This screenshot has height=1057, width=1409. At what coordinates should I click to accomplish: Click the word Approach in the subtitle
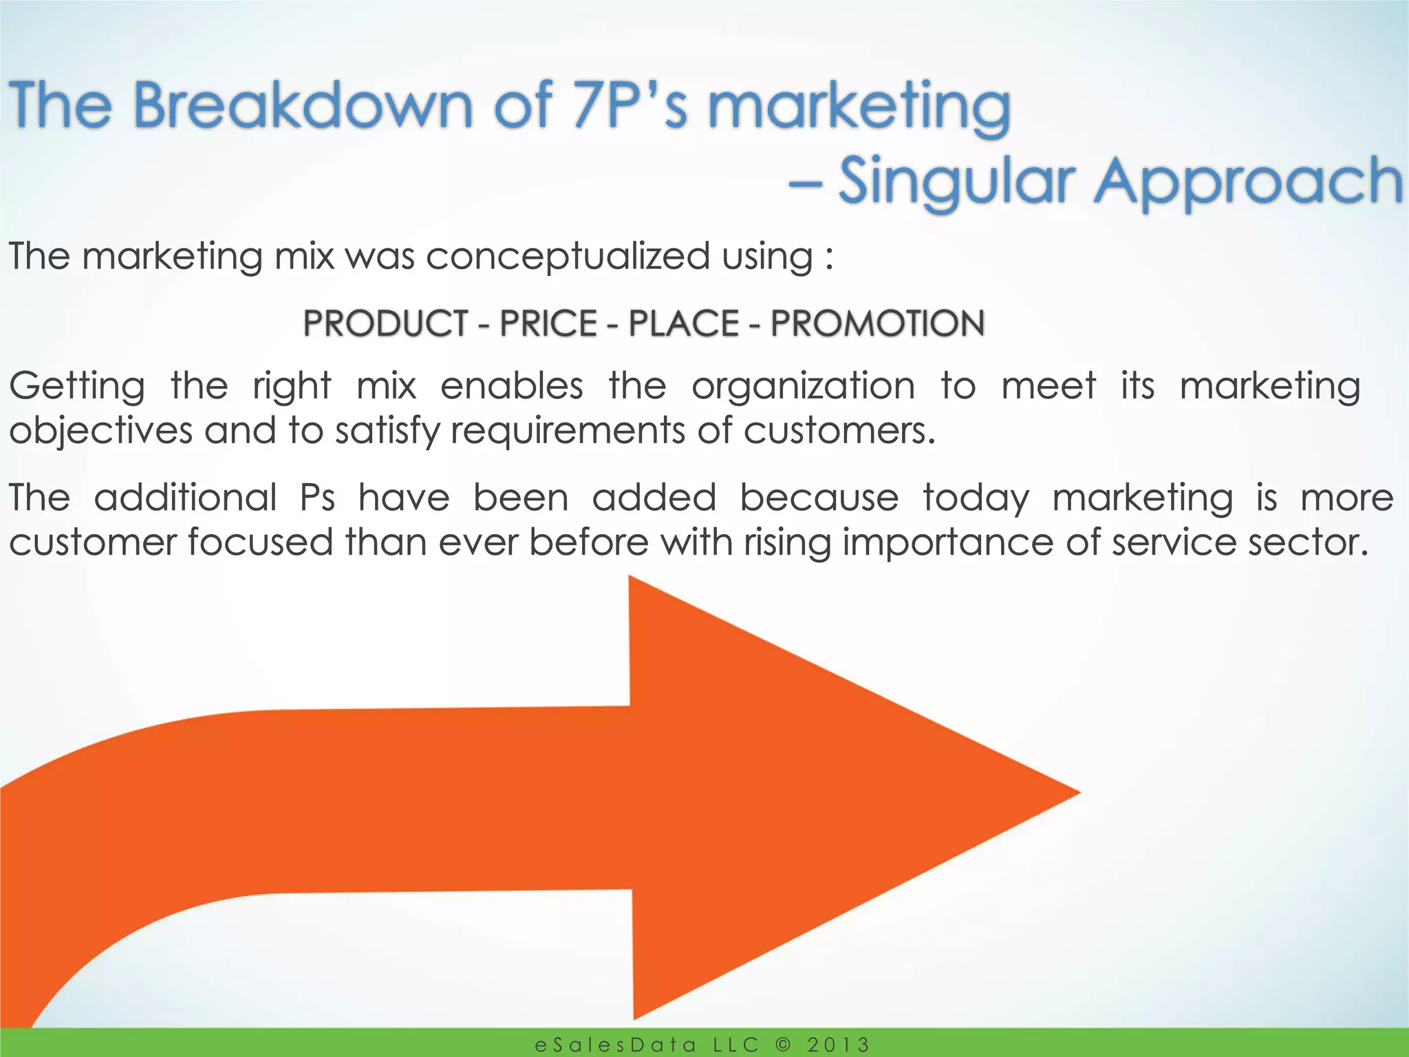click(x=1249, y=182)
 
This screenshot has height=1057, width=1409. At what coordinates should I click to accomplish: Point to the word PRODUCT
click(x=386, y=323)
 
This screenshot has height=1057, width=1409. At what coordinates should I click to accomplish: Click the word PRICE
click(x=548, y=323)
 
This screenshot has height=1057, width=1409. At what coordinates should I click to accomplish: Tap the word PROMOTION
click(x=877, y=323)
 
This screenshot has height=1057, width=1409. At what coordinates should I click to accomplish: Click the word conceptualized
click(x=568, y=257)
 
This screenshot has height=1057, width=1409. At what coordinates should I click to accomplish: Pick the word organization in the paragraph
click(x=803, y=385)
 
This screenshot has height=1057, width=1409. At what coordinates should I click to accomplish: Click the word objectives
click(x=100, y=431)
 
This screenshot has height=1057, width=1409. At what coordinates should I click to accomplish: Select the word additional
click(x=185, y=498)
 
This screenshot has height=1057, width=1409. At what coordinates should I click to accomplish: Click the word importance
click(x=948, y=542)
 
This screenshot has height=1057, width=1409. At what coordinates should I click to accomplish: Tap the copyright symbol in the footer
click(x=783, y=1045)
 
